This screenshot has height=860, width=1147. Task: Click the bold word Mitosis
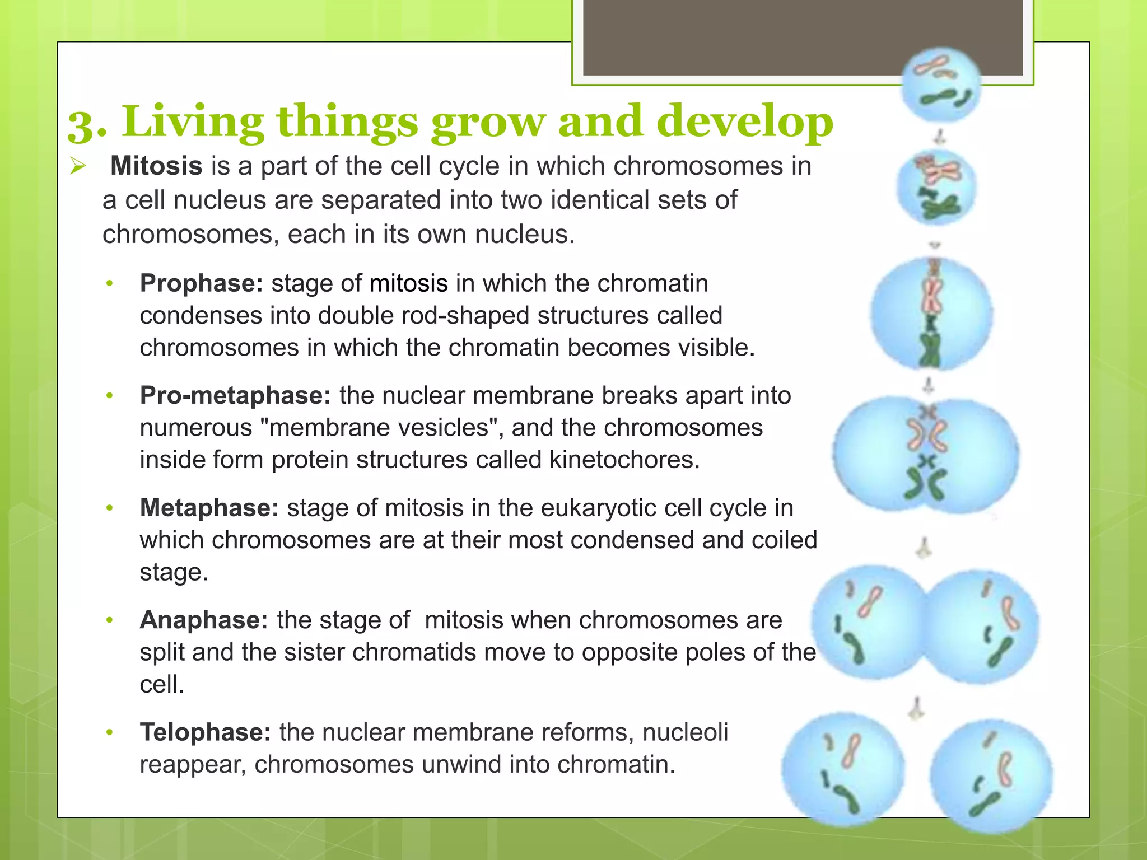(156, 166)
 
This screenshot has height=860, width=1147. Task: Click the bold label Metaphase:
(209, 508)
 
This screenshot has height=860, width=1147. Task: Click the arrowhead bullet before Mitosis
(77, 166)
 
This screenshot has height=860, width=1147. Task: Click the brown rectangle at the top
(803, 37)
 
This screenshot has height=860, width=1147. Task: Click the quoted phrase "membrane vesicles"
(379, 428)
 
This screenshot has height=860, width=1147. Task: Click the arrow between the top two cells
(940, 136)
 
